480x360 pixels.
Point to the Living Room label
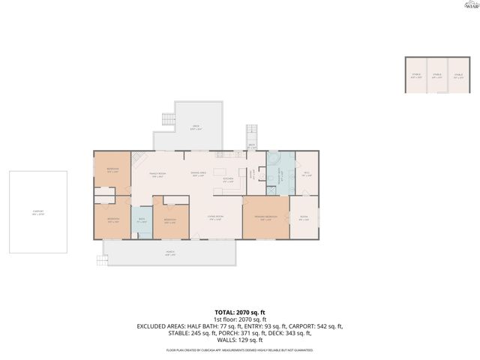[215, 218]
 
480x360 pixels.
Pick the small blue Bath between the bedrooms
[141, 220]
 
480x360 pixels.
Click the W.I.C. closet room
[306, 173]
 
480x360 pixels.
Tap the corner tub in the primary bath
[274, 161]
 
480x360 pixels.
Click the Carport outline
[38, 212]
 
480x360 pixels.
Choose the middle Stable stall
[436, 75]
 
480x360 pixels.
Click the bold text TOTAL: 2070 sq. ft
[240, 311]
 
